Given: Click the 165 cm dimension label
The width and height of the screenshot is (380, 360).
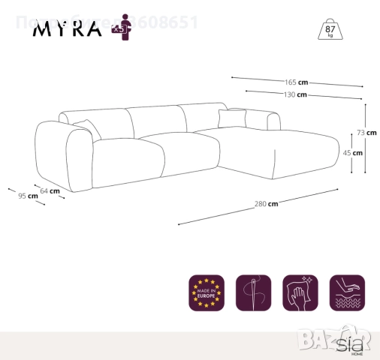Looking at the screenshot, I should point(296,82).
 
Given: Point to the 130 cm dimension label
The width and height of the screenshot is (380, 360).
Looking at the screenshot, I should point(295,95).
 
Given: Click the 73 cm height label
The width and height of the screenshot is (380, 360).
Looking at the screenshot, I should point(366,132).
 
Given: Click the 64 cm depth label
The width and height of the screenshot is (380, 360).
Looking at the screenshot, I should point(50,191).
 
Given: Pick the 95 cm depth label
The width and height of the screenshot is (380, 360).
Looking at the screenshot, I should point(28,196).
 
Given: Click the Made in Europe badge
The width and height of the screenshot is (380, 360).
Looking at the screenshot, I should point(207,292).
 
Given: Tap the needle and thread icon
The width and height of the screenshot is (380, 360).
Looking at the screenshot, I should point(253,292).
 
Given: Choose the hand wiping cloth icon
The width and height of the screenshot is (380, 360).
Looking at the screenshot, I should point(300,292).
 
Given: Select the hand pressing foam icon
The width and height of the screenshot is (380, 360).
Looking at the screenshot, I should point(347,292).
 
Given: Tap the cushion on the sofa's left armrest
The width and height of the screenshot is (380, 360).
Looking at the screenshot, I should point(87,128).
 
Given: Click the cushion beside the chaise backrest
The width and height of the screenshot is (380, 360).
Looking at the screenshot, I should point(232,118).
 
